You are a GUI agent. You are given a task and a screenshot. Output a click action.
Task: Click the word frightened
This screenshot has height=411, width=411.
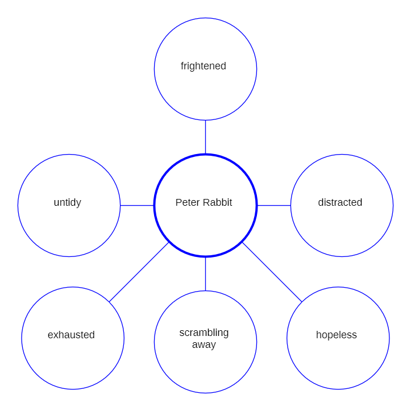coord(203,66)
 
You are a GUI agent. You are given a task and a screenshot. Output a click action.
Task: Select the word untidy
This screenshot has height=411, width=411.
coord(67,202)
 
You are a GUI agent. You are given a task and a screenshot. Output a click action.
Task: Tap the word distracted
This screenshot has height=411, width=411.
coord(340,202)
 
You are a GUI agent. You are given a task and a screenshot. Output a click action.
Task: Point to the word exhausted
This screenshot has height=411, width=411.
coord(71,335)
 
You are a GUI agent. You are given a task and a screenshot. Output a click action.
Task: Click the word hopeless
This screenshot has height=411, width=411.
coord(336,335)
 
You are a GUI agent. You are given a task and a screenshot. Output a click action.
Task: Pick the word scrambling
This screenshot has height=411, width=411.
coord(204,333)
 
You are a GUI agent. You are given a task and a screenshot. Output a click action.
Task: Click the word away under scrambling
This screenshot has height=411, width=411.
coord(204,344)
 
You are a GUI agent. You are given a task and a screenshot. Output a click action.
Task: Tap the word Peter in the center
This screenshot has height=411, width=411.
coord(187,202)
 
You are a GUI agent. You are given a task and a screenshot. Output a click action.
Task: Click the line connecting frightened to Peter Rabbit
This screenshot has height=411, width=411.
coord(205,137)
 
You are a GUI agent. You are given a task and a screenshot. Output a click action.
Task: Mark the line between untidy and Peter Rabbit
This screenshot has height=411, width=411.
coord(137,205)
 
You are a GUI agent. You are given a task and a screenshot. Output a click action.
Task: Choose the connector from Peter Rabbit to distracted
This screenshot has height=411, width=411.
coord(274,205)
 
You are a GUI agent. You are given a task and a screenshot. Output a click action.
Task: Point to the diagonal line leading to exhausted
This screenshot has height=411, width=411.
coord(139,272)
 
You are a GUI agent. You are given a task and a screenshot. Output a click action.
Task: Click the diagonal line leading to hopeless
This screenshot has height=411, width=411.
coord(272,272)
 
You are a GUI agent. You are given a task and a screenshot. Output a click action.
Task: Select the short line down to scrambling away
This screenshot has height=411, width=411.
coord(205,274)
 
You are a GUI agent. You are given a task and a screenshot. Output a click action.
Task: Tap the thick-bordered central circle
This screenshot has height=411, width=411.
coord(205,227)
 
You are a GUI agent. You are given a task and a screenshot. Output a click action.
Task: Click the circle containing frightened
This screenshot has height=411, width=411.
coord(205,91)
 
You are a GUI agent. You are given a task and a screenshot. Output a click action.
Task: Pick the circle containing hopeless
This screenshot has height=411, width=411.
coord(338,358)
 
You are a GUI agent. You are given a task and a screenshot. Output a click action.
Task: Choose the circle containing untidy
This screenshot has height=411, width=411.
coord(69,227)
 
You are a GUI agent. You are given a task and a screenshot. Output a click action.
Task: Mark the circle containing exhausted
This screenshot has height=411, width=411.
coord(73,358)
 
